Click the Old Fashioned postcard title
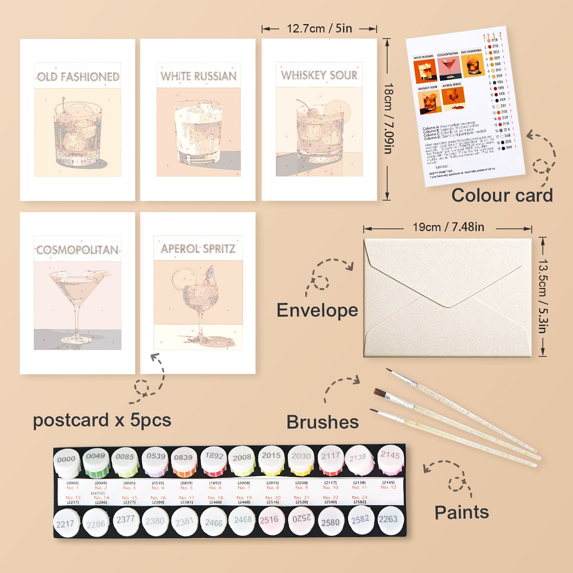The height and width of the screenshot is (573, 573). [x=78, y=77]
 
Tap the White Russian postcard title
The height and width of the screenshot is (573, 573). [x=198, y=76]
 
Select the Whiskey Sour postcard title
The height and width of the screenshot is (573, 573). [x=319, y=75]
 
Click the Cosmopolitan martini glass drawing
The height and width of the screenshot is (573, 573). [x=78, y=302]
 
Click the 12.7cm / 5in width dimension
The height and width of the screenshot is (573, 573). [x=319, y=28]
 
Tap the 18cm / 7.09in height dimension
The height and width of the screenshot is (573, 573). [x=388, y=118]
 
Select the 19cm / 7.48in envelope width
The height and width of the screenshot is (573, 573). [x=448, y=227]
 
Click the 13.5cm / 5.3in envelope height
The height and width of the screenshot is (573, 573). [x=543, y=296]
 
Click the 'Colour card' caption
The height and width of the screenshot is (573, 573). [x=502, y=195]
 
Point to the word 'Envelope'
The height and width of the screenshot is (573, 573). [x=317, y=310]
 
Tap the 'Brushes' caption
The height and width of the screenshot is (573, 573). [x=322, y=422]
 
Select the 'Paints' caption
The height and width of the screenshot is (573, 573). [x=461, y=512]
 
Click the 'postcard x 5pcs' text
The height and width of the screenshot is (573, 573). [x=102, y=420]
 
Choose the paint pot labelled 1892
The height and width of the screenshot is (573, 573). [x=214, y=460]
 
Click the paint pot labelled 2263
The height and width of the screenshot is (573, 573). [x=388, y=520]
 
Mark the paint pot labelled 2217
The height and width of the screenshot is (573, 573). [x=65, y=523]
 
